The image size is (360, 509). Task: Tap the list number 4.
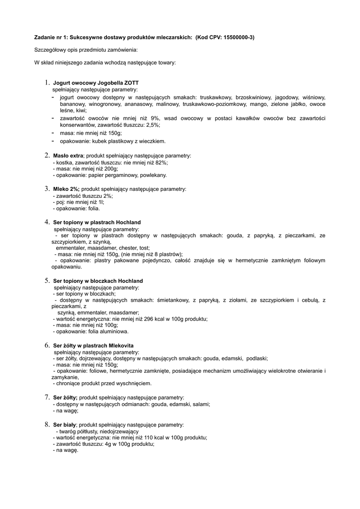47,222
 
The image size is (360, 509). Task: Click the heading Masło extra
68,156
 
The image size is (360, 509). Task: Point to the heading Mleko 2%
66,189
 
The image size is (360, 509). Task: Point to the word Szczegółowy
50,50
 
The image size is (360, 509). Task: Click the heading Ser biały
65,425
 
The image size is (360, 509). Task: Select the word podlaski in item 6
257,358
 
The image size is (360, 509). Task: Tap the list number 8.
47,424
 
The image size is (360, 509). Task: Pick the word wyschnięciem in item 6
134,384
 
